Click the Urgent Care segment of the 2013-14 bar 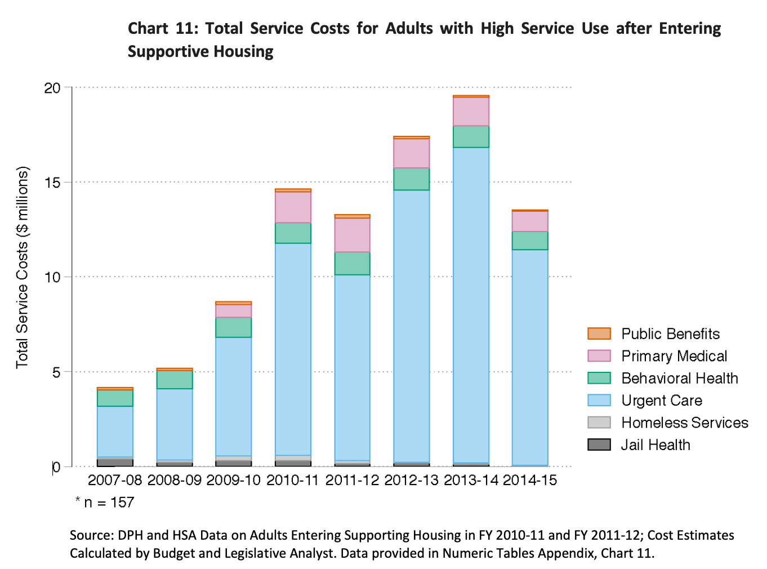pos(471,304)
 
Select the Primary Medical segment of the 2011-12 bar pos(352,235)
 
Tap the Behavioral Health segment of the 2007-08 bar pos(115,398)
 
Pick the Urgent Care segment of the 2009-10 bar pos(234,396)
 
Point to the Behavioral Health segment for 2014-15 pos(530,241)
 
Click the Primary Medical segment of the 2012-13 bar pos(412,153)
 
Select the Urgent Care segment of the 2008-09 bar pos(174,424)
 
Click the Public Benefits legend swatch pos(599,334)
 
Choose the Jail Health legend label pos(655,445)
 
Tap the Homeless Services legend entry pos(684,423)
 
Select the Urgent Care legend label pos(662,401)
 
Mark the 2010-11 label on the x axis pos(293,480)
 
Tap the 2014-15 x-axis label pos(530,480)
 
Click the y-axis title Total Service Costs pos(22,268)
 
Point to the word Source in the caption pos(91,535)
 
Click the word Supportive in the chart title pos(164,52)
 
